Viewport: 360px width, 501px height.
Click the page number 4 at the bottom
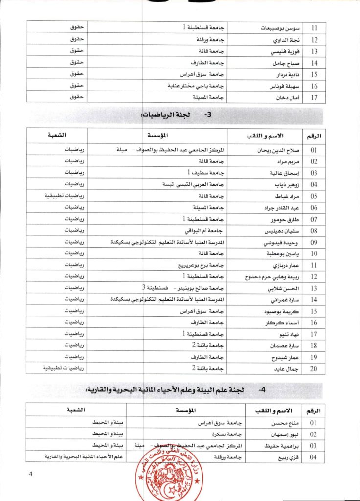tap(30, 473)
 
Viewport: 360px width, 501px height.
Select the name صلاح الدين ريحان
tap(273, 150)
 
